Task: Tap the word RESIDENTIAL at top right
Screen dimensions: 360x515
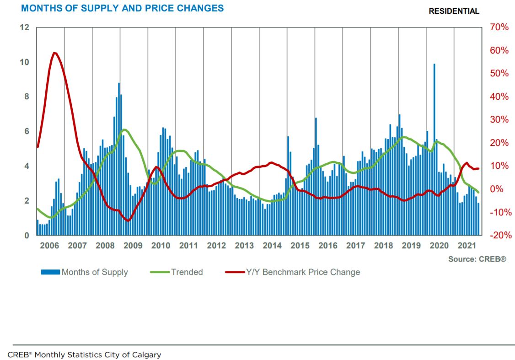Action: [x=454, y=11]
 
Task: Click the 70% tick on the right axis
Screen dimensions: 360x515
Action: [x=499, y=27]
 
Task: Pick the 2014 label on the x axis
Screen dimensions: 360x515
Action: [x=272, y=246]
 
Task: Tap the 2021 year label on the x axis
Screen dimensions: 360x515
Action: [x=467, y=246]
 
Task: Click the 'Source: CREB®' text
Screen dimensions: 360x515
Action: [x=477, y=259]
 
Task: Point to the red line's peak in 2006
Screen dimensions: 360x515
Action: [x=54, y=53]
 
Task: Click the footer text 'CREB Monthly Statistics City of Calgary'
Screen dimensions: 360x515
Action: [x=84, y=355]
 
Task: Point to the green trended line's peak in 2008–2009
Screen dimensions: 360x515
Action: [x=124, y=129]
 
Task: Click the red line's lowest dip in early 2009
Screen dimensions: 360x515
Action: [x=128, y=220]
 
